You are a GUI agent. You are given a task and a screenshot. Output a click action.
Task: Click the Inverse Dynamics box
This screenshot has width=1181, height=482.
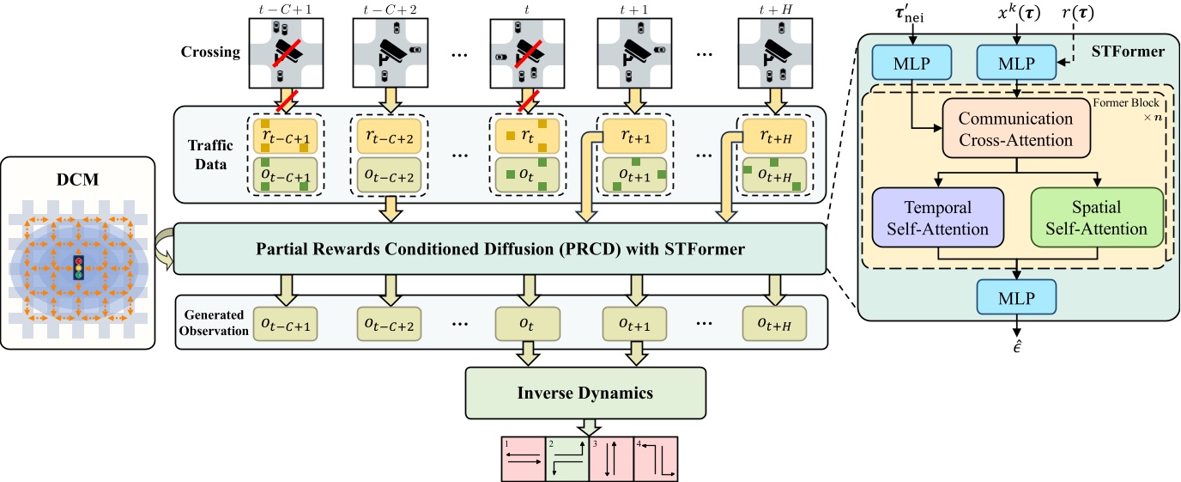[x=585, y=394]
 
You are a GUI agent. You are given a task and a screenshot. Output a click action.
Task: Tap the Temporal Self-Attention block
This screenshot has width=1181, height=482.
[x=939, y=218]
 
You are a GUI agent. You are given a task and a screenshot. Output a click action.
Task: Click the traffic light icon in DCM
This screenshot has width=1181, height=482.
[x=79, y=270]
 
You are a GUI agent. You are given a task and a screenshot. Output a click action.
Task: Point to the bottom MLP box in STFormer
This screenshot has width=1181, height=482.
[x=1017, y=299]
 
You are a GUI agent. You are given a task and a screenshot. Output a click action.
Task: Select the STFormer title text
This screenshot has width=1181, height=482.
[x=1130, y=52]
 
